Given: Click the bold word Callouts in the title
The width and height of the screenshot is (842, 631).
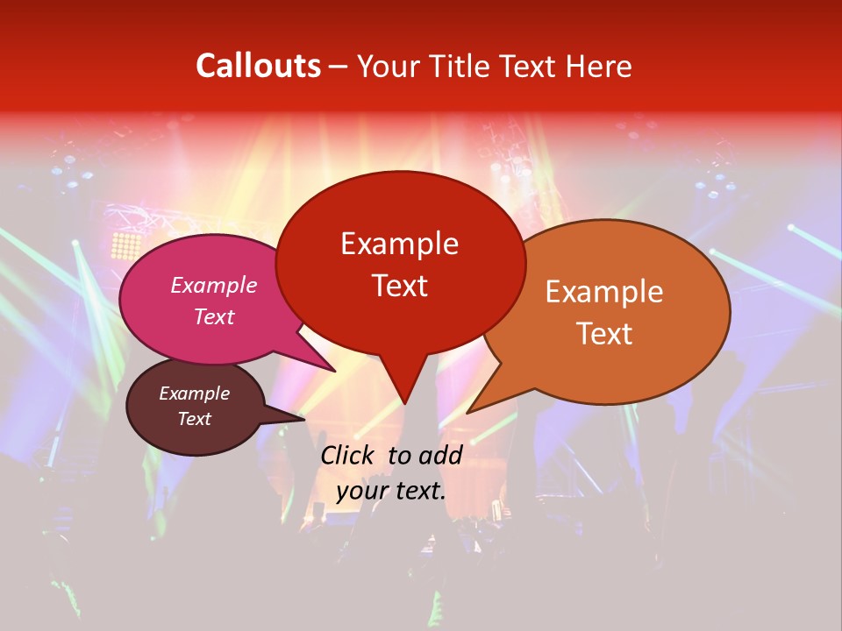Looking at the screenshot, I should pyautogui.click(x=258, y=66).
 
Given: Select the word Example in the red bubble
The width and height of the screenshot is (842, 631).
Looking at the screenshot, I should pyautogui.click(x=399, y=244).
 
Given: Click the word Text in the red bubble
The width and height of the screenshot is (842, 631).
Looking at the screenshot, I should pyautogui.click(x=399, y=286).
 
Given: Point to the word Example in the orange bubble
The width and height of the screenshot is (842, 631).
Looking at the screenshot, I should pyautogui.click(x=604, y=292).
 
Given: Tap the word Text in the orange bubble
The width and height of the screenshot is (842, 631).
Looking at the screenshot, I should pyautogui.click(x=604, y=334).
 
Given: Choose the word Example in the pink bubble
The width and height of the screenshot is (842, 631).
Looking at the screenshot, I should pyautogui.click(x=214, y=286).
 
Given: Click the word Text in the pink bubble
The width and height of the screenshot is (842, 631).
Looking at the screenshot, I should pyautogui.click(x=214, y=316).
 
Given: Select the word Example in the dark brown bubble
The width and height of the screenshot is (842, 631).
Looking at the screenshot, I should pyautogui.click(x=195, y=393).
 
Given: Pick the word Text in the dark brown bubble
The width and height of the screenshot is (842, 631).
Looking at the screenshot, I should pyautogui.click(x=195, y=419).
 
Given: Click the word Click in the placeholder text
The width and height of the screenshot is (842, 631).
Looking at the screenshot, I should pyautogui.click(x=349, y=455).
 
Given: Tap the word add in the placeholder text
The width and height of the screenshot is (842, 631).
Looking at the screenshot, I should pyautogui.click(x=440, y=455).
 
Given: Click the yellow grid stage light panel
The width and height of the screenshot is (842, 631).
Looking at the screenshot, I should pyautogui.click(x=127, y=245).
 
